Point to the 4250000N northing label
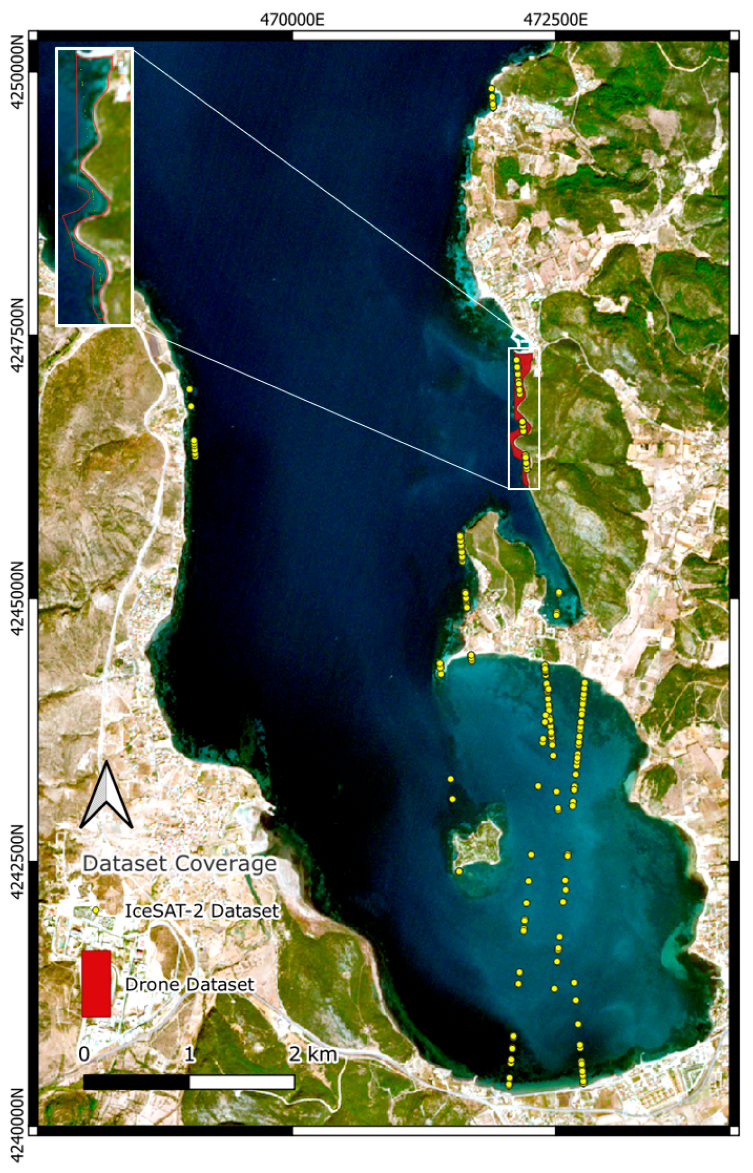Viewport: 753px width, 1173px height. click(18, 73)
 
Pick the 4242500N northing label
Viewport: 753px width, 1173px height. click(18, 861)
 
